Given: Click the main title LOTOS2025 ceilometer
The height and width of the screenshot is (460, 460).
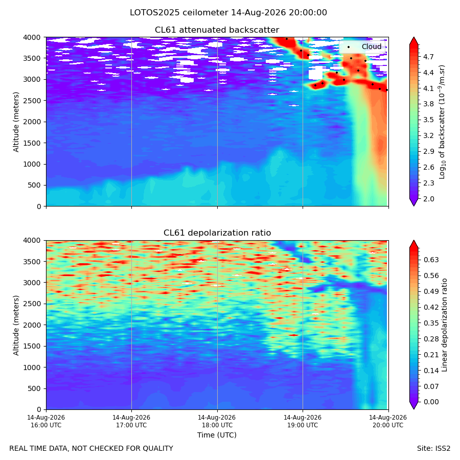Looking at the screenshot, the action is [179, 13].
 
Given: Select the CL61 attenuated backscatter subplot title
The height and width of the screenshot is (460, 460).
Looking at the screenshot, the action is [217, 30].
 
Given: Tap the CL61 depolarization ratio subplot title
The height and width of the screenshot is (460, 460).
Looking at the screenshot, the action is [217, 233].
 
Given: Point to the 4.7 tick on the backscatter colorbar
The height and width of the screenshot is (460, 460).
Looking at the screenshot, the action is [428, 57].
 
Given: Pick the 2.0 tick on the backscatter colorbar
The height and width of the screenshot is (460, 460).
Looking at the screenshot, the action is [428, 199].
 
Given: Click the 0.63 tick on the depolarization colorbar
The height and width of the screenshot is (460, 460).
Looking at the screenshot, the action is [431, 260].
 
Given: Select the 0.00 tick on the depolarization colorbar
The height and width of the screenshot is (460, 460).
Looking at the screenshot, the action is [431, 402].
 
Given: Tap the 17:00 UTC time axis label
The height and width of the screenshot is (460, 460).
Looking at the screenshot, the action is [131, 421].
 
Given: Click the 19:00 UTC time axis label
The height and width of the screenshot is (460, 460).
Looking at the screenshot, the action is [303, 421].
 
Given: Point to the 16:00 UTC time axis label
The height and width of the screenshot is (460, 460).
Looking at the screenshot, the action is [46, 421].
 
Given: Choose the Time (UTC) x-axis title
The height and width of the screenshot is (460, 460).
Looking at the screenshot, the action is [217, 435].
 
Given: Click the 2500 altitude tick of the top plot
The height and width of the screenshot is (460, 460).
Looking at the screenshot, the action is [34, 101].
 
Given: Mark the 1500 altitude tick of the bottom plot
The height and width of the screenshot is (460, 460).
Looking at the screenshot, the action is [34, 346].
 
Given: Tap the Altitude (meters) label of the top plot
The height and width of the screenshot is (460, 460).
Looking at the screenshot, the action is [16, 122].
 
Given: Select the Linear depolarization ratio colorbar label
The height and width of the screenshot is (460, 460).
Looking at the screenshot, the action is [444, 325].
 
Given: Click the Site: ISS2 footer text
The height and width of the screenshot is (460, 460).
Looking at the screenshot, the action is [433, 449].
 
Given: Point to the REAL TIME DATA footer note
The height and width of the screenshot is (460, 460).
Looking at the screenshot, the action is [91, 449].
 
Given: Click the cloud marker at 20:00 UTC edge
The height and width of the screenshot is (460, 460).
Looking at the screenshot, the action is [387, 90].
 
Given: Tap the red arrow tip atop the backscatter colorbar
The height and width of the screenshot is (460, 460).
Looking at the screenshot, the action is [414, 37].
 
